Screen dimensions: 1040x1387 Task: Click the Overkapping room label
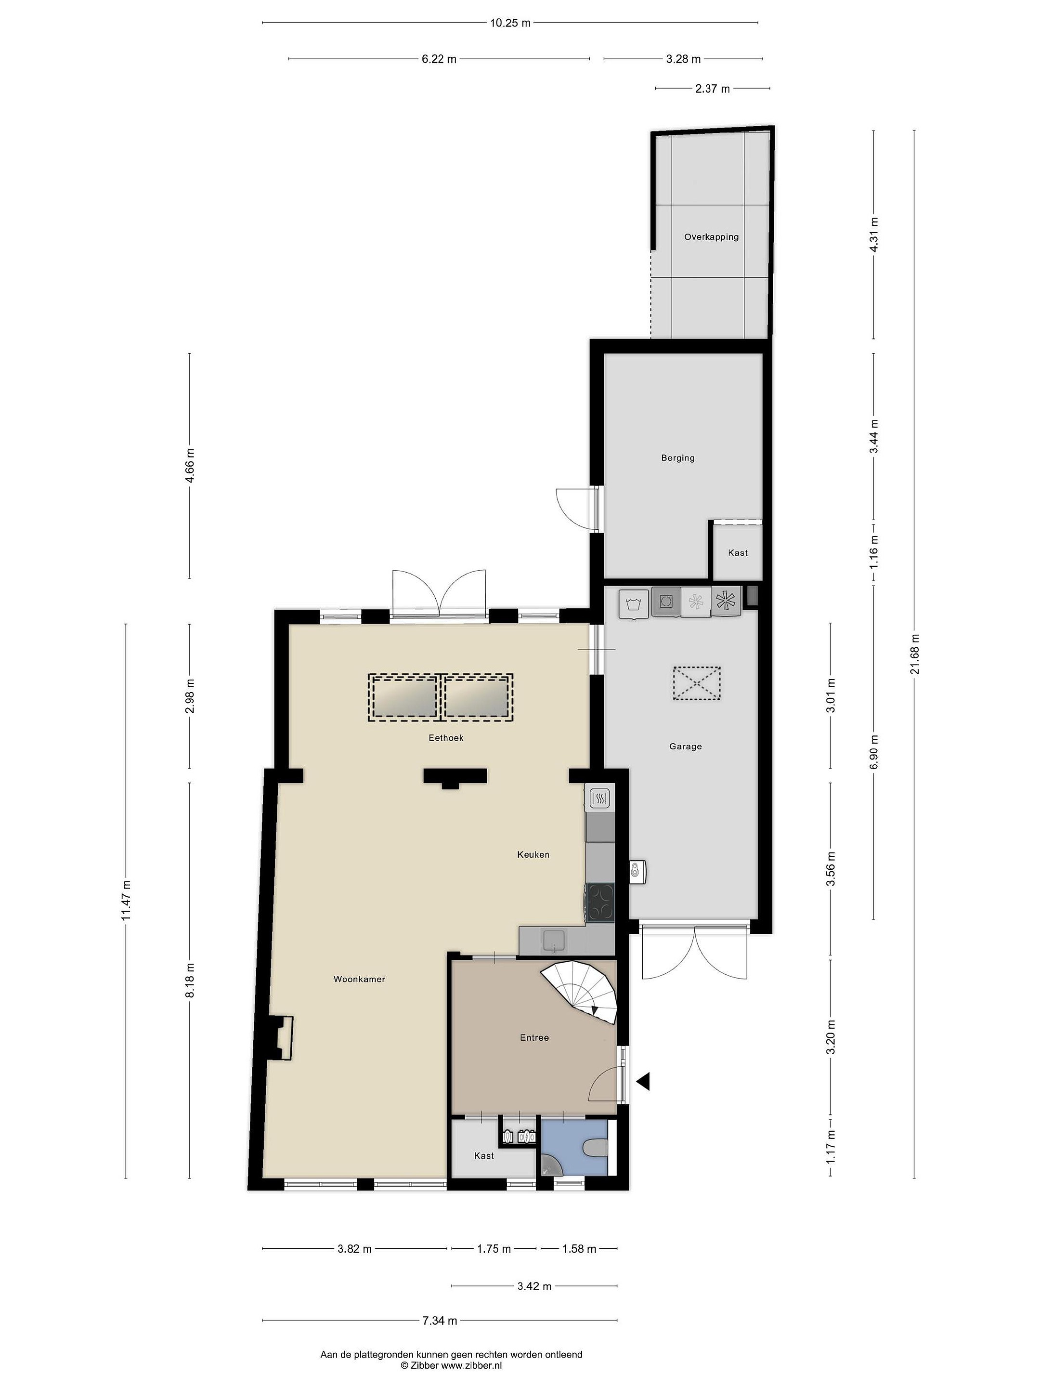point(711,237)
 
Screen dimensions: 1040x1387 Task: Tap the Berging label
point(677,458)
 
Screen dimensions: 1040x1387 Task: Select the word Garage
point(685,746)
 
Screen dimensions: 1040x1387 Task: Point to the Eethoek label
point(446,737)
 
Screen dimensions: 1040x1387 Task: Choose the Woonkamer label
point(359,979)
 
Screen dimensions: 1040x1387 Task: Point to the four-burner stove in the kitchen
point(600,903)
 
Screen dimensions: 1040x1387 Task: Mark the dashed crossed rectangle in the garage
point(697,683)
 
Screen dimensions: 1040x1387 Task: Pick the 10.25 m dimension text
point(510,23)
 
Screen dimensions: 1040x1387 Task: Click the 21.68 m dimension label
point(915,654)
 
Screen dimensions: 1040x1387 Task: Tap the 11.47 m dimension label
point(126,901)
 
